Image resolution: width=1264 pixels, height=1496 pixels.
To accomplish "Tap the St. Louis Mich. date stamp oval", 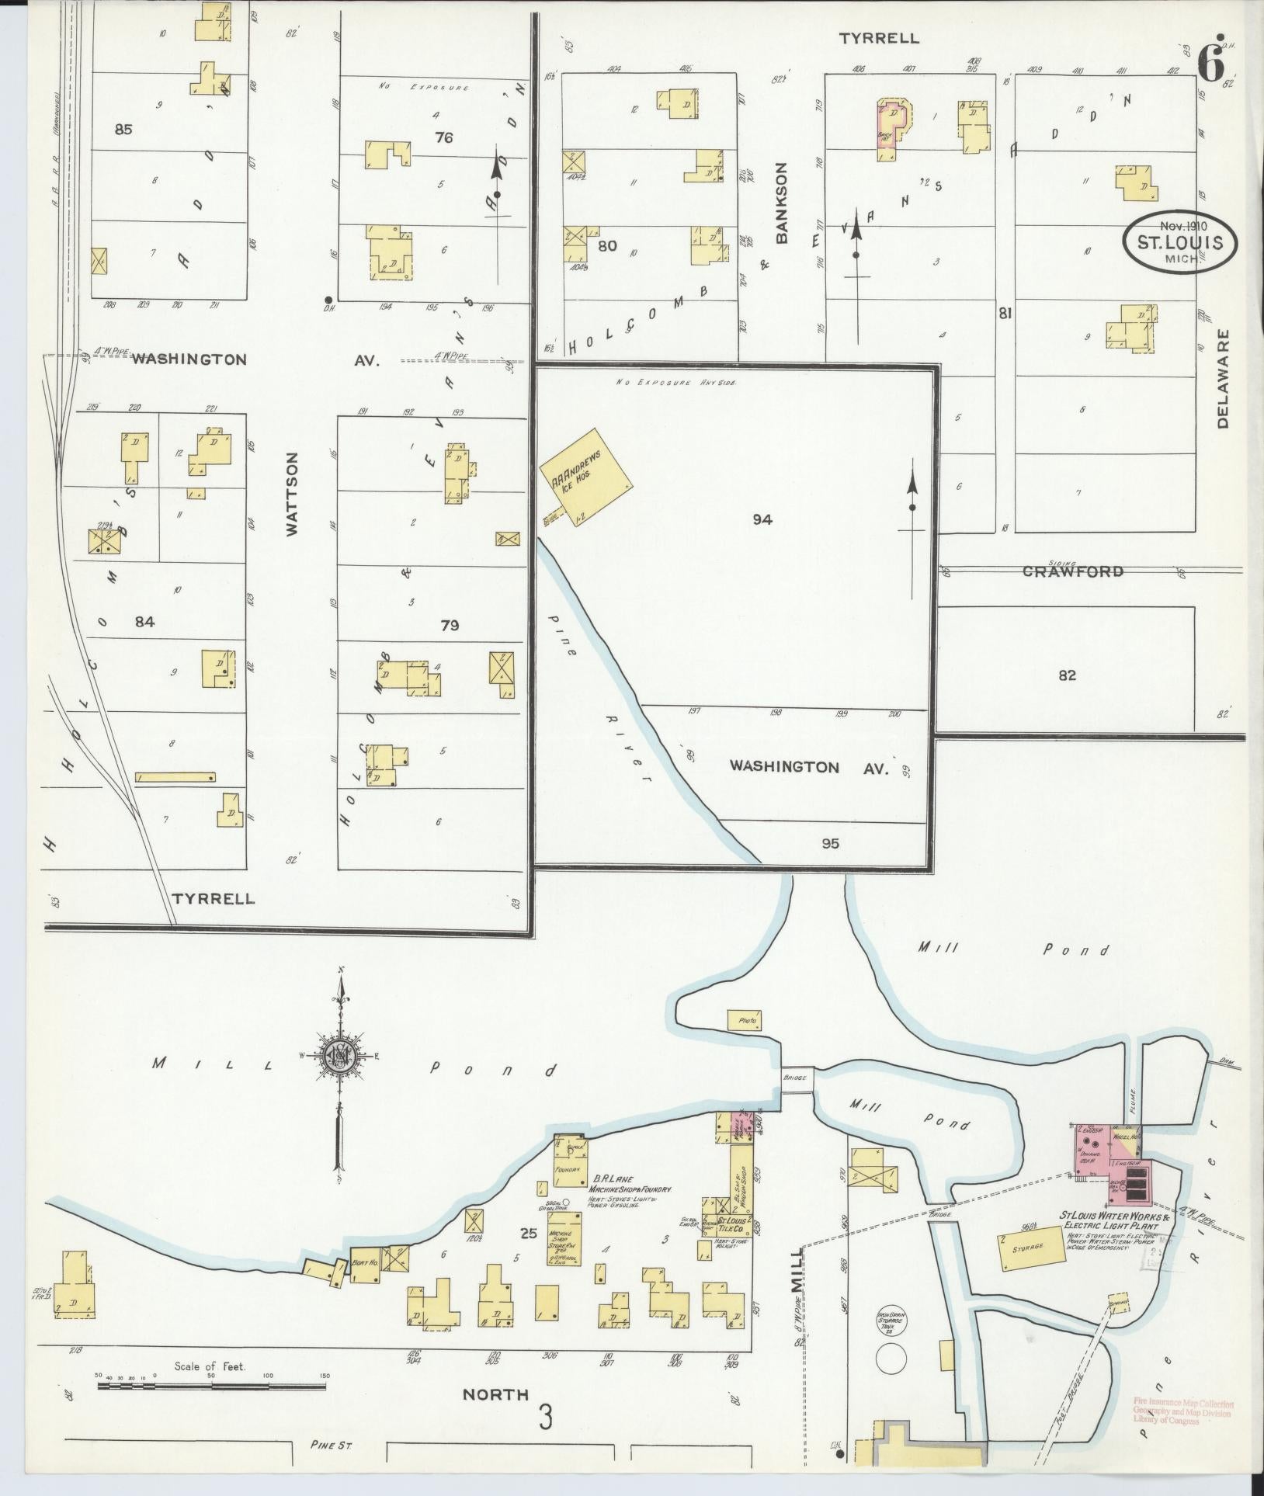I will [x=1179, y=242].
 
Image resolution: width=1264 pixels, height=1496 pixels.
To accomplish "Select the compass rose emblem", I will [x=340, y=1055].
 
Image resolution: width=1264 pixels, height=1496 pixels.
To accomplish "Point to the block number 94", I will [x=762, y=520].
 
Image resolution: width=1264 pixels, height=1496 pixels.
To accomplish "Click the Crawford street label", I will [x=1072, y=571].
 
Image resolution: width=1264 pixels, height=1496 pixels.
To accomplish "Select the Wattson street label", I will [x=292, y=495].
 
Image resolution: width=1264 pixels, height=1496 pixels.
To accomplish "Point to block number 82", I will [x=1067, y=675].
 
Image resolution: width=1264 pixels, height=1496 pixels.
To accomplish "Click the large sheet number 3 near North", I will [x=546, y=1418].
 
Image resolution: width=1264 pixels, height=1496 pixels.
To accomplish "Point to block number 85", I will [x=123, y=130].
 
